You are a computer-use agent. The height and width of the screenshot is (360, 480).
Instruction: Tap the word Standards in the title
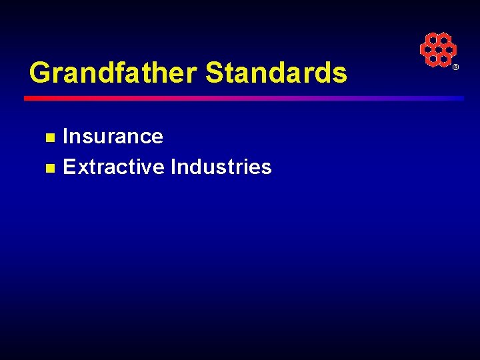point(277,73)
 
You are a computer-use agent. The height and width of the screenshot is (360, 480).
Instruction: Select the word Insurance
point(113,137)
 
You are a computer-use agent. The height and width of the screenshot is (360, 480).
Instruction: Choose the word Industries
point(221,167)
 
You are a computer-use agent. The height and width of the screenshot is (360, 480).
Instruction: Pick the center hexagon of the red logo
point(438,50)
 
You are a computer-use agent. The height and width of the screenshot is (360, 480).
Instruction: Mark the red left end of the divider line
point(30,98)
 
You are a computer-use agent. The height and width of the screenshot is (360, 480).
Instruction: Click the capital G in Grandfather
point(41,73)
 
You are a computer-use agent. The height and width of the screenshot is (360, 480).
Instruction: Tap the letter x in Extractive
point(80,167)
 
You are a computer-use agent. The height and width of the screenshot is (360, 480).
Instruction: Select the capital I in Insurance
point(65,137)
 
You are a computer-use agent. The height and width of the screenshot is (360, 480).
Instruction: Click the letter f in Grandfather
point(125,72)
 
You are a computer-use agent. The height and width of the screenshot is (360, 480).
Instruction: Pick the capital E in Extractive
point(69,167)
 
